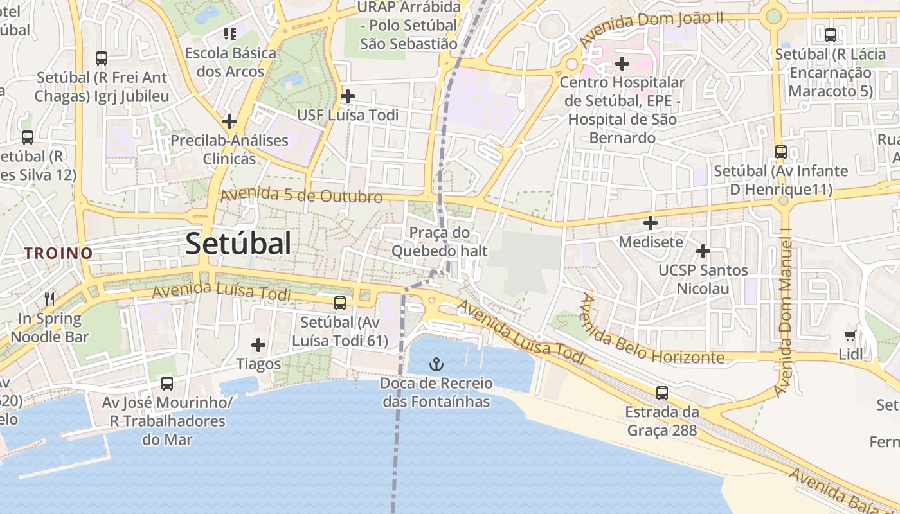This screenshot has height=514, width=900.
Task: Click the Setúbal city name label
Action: click(x=238, y=244)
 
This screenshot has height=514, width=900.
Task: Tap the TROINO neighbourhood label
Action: click(x=59, y=253)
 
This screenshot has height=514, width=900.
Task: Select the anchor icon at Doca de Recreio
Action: click(x=437, y=365)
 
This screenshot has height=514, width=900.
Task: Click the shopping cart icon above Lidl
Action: click(x=851, y=335)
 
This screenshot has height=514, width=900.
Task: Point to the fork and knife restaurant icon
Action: click(x=50, y=299)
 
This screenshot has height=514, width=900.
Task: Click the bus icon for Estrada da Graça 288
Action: click(x=662, y=393)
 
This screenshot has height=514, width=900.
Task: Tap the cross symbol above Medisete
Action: click(x=651, y=223)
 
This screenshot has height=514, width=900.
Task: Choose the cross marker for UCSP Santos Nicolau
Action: click(x=703, y=251)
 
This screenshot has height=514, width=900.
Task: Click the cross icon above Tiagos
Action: click(x=258, y=345)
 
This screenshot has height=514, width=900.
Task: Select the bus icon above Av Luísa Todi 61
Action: click(x=340, y=303)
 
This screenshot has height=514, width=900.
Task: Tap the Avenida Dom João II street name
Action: click(x=651, y=28)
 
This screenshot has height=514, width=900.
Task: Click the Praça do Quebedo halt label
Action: click(x=440, y=242)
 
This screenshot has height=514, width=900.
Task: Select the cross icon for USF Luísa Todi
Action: click(x=348, y=96)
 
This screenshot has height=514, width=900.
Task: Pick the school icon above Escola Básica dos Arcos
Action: click(x=230, y=33)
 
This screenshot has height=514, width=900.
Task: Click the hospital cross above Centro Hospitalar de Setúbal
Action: click(x=622, y=64)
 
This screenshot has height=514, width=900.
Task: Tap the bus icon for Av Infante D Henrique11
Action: click(x=781, y=152)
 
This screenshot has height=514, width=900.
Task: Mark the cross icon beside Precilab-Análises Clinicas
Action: click(x=230, y=121)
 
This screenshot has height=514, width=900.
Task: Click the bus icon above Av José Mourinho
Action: click(x=167, y=384)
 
